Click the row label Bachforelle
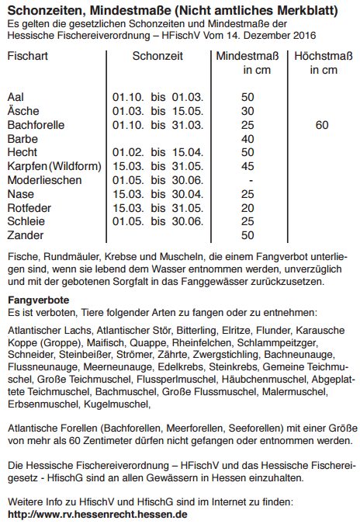pyautogui.click(x=36, y=124)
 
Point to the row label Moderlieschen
pyautogui.click(x=43, y=179)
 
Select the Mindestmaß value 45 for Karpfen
pyautogui.click(x=248, y=166)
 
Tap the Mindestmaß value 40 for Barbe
pyautogui.click(x=248, y=138)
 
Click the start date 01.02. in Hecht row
pyautogui.click(x=127, y=152)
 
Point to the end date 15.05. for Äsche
pyautogui.click(x=186, y=111)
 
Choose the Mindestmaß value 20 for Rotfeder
pyautogui.click(x=248, y=207)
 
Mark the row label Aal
pyautogui.click(x=16, y=97)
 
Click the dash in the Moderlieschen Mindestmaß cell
pyautogui.click(x=248, y=179)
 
